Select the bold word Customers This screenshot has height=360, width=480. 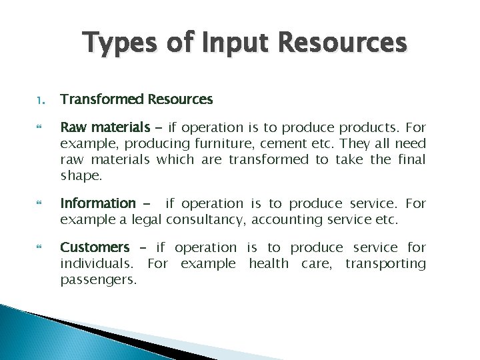pyautogui.click(x=95, y=248)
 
